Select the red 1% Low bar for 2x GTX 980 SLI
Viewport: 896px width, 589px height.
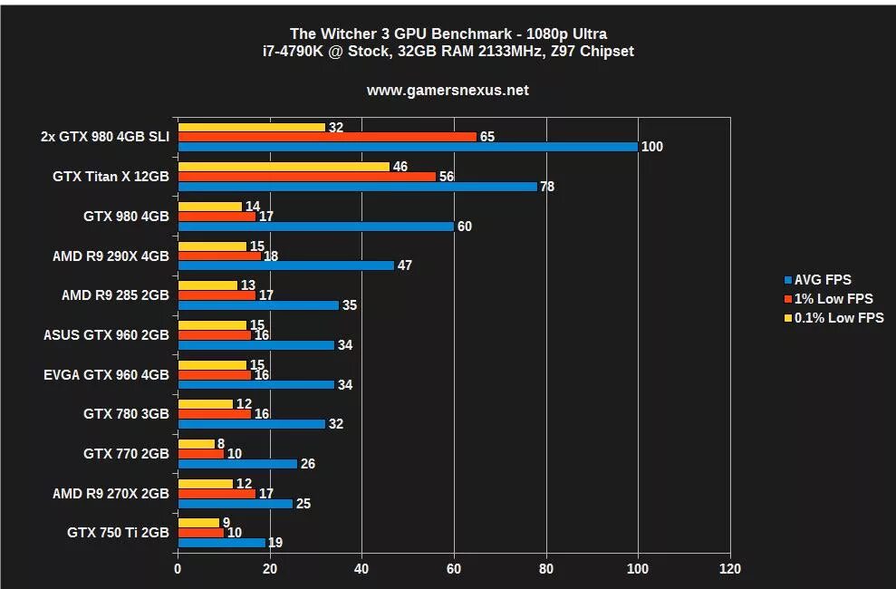pyautogui.click(x=327, y=137)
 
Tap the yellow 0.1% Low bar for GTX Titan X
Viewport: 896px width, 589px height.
pyautogui.click(x=284, y=167)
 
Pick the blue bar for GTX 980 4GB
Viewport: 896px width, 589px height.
pyautogui.click(x=315, y=227)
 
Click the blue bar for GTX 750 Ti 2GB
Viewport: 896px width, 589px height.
pyautogui.click(x=222, y=543)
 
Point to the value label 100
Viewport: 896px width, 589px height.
pyautogui.click(x=651, y=147)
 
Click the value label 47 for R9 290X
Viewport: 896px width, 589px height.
pyautogui.click(x=407, y=266)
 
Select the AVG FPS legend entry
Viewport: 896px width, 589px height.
pyautogui.click(x=823, y=280)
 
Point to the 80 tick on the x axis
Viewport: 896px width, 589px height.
pyautogui.click(x=546, y=569)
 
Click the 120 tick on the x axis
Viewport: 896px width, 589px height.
pyautogui.click(x=729, y=569)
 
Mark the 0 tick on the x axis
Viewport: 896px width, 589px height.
pyautogui.click(x=178, y=569)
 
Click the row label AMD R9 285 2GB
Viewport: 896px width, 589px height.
pyautogui.click(x=115, y=295)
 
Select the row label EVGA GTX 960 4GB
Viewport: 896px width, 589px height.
pyautogui.click(x=106, y=374)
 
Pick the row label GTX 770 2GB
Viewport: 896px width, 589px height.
pyautogui.click(x=126, y=454)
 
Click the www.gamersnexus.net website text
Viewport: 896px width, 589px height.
pyautogui.click(x=448, y=91)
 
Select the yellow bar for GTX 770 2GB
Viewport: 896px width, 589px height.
pyautogui.click(x=197, y=444)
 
